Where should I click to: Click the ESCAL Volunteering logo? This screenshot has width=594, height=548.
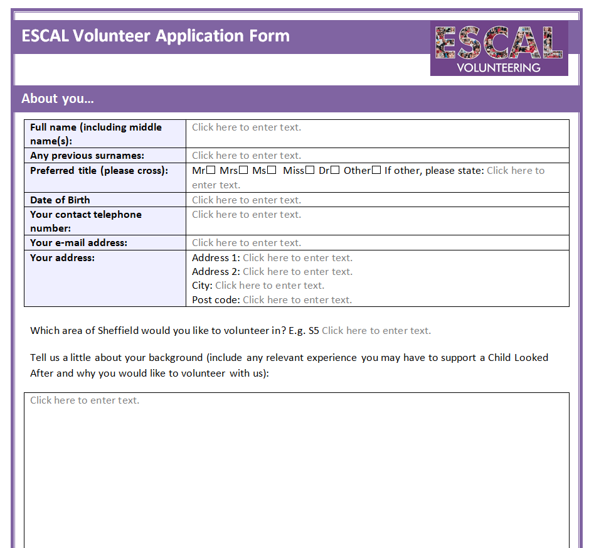tap(499, 48)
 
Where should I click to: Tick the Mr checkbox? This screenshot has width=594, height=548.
tap(211, 170)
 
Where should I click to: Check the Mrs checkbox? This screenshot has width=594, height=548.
tap(243, 170)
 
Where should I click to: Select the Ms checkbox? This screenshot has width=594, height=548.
tap(272, 170)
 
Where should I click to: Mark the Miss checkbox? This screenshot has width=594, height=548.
tap(309, 170)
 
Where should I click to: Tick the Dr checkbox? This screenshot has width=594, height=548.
tap(335, 170)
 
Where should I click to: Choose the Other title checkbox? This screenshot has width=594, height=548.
tap(376, 170)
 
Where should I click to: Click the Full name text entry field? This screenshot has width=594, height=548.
tap(247, 127)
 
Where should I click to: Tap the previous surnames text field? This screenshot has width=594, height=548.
tap(247, 156)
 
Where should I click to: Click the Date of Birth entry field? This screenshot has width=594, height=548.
tap(247, 200)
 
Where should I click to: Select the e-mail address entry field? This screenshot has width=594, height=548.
tap(247, 243)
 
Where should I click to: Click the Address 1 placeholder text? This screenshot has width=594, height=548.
tap(297, 258)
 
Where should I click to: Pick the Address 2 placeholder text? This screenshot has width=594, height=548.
tap(297, 272)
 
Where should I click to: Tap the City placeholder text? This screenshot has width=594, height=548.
tap(270, 286)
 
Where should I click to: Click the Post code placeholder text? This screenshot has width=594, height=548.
tap(297, 300)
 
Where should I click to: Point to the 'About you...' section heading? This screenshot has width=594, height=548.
tap(58, 99)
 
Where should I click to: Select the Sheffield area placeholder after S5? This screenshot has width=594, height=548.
tap(376, 331)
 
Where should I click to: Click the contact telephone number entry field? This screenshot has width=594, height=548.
tap(247, 215)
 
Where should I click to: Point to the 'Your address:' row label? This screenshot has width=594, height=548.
tap(62, 257)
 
